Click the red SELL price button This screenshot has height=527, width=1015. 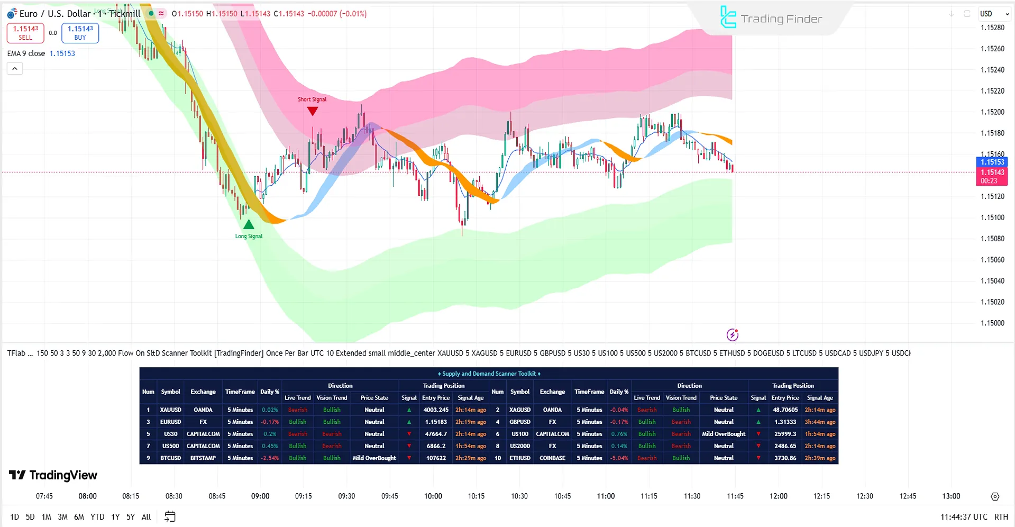tap(25, 33)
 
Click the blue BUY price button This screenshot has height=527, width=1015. tap(80, 33)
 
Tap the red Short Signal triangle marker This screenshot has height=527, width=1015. tap(313, 111)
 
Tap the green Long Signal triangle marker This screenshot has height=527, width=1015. tap(249, 224)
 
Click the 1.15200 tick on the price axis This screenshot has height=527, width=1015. tap(992, 112)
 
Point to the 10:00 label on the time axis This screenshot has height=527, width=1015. tap(433, 496)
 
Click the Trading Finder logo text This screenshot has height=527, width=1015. tap(781, 19)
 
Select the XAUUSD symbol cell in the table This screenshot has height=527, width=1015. tap(170, 410)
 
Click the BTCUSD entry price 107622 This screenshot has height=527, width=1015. tap(436, 458)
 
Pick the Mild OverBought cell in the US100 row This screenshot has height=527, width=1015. tap(723, 434)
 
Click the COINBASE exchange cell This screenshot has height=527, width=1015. tap(552, 458)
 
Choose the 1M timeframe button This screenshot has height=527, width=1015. tap(47, 517)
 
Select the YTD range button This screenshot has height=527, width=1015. tap(97, 517)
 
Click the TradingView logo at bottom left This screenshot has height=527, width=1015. tap(53, 475)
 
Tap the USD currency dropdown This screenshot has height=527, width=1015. tap(991, 14)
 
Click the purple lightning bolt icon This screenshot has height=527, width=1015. tap(732, 334)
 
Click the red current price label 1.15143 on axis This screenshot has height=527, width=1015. tap(992, 172)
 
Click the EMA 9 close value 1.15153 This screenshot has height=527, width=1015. tap(62, 53)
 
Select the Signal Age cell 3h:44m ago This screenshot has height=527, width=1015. tap(820, 422)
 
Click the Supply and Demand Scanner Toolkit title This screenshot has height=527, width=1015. tap(489, 374)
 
